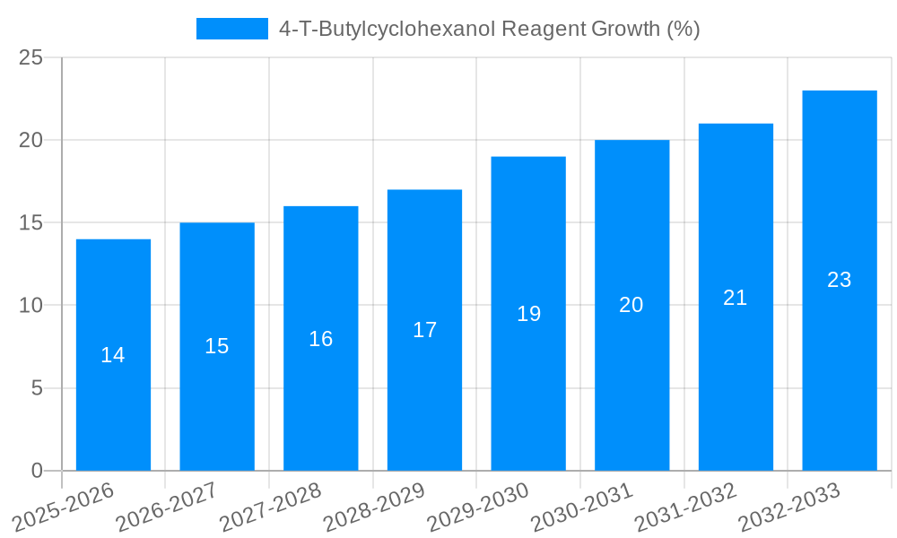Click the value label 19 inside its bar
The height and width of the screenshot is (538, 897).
point(529,314)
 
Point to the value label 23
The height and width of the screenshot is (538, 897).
point(839,280)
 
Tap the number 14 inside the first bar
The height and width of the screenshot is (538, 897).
point(113,355)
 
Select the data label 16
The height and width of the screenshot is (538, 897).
point(321,339)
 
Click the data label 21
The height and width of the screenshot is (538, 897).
point(736,298)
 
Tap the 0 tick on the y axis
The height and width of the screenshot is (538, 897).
point(37,471)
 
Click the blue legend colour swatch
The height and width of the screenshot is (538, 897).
point(232,29)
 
